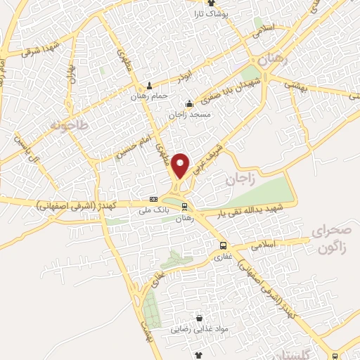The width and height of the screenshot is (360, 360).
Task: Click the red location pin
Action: point(181,165)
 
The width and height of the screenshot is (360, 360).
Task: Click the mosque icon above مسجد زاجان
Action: point(189,105)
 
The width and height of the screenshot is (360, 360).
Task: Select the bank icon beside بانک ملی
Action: point(153,200)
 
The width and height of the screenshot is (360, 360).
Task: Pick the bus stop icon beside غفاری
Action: point(222,245)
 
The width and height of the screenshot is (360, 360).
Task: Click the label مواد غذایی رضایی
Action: point(198,328)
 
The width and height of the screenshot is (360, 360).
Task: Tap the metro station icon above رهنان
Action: point(184,207)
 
